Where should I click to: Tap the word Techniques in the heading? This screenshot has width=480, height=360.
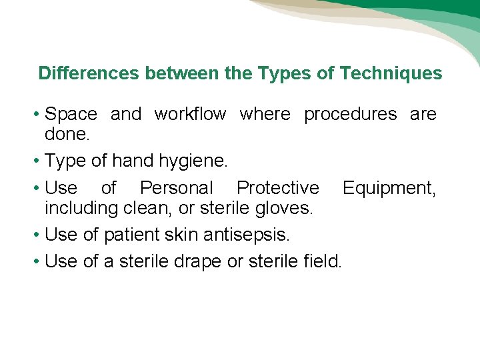391,73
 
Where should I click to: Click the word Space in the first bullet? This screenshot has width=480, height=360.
71,115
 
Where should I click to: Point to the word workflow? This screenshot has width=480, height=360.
190,115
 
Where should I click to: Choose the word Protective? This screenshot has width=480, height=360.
278,189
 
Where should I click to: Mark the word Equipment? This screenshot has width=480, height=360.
389,189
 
